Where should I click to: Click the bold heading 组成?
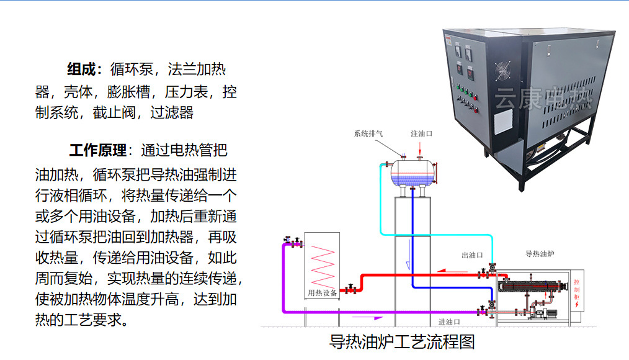click(83, 68)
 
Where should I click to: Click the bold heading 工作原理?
click(97, 150)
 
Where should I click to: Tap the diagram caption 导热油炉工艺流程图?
click(402, 341)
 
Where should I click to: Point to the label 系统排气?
click(368, 133)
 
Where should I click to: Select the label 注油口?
click(421, 133)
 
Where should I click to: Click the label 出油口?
click(472, 254)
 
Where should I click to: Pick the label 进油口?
click(449, 322)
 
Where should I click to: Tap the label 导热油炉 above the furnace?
click(540, 253)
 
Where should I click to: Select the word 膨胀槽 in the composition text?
click(128, 92)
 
